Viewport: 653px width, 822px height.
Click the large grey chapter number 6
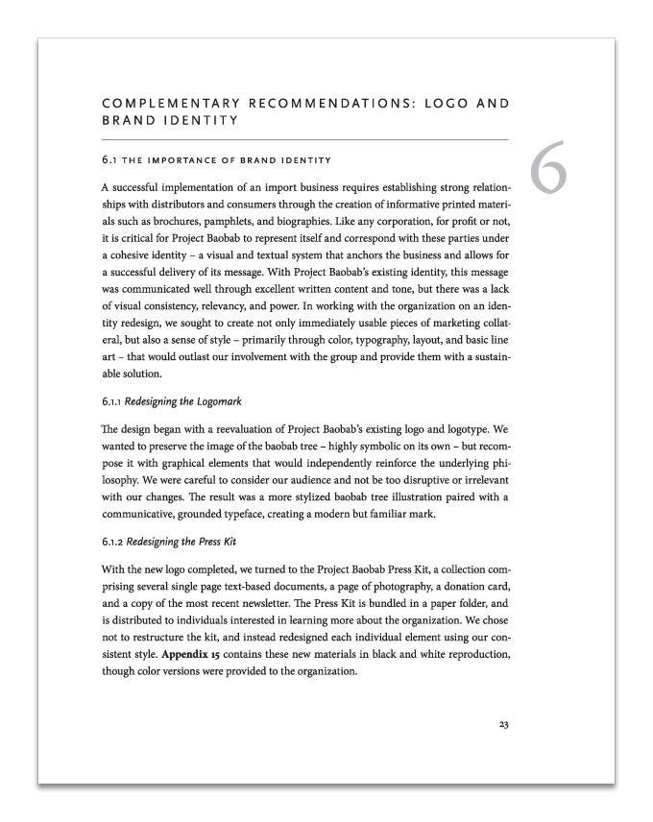[x=547, y=170]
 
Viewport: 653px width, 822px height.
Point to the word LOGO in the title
[x=447, y=103]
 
